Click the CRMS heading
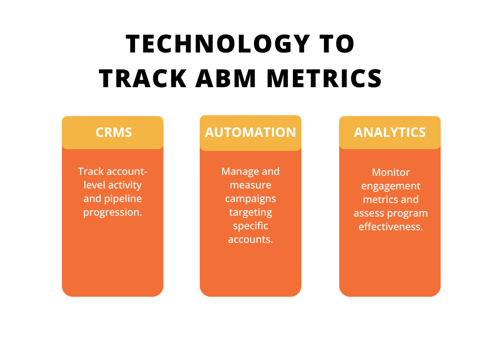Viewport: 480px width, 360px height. pyautogui.click(x=113, y=132)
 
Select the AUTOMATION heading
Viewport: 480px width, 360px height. pyautogui.click(x=250, y=132)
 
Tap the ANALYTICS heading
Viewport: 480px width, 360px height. pyautogui.click(x=390, y=132)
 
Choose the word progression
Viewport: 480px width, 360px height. pyautogui.click(x=112, y=212)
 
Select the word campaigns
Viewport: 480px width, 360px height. pyautogui.click(x=250, y=199)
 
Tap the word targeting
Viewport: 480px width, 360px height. pyautogui.click(x=250, y=212)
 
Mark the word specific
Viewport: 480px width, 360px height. pyautogui.click(x=250, y=226)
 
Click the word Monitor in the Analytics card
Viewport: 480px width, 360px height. pyautogui.click(x=390, y=172)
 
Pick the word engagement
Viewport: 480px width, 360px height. pyautogui.click(x=390, y=186)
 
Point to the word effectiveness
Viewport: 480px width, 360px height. pyautogui.click(x=390, y=227)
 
